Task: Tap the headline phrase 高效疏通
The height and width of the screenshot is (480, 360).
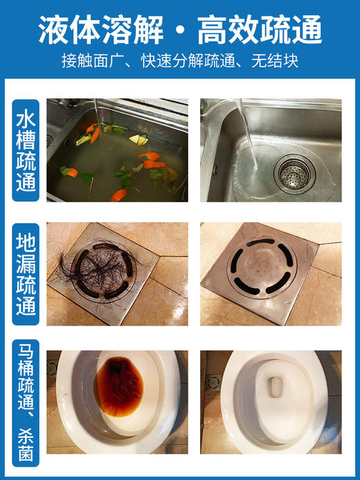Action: pyautogui.click(x=260, y=29)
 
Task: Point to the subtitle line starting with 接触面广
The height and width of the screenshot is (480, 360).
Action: pyautogui.click(x=180, y=61)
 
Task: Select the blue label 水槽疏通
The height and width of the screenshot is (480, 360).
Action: pyautogui.click(x=26, y=150)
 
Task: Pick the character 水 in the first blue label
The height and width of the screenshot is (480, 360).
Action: pyautogui.click(x=26, y=116)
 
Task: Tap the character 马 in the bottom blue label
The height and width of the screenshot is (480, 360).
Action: pyautogui.click(x=26, y=350)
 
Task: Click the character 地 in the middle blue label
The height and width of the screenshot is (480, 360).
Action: pyautogui.click(x=26, y=242)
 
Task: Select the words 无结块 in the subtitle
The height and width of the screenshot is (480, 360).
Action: pyautogui.click(x=279, y=61)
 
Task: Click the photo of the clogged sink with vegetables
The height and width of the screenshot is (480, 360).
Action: pyautogui.click(x=117, y=150)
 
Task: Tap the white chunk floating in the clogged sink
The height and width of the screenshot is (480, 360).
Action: pyautogui.click(x=141, y=140)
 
